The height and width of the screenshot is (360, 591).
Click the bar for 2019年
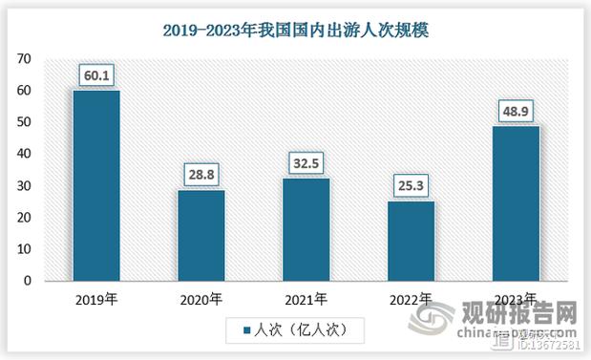click(x=96, y=185)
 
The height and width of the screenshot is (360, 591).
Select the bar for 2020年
click(x=201, y=235)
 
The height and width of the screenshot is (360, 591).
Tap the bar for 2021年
click(x=306, y=229)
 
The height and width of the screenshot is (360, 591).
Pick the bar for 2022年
click(x=412, y=241)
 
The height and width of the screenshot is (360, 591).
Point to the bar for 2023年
click(x=517, y=203)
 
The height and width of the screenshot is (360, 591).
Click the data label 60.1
click(x=96, y=74)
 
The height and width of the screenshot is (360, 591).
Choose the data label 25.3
click(x=412, y=184)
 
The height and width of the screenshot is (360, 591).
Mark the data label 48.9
click(x=517, y=110)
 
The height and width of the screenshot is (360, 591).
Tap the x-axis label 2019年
click(x=96, y=299)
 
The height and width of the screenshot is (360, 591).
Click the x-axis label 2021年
click(x=306, y=299)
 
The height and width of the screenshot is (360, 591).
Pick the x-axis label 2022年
click(x=412, y=299)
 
